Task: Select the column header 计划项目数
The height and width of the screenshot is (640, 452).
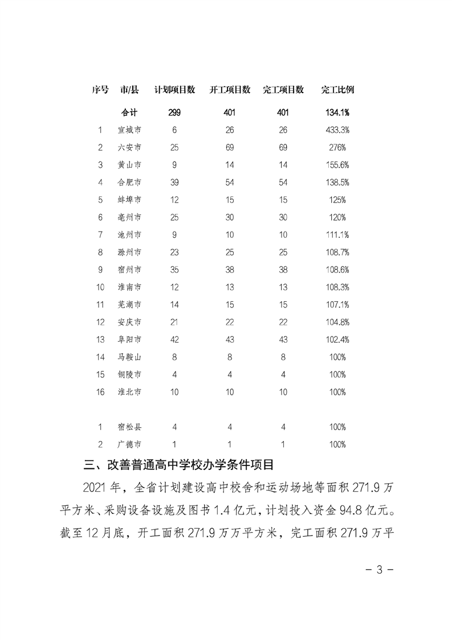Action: click(x=175, y=90)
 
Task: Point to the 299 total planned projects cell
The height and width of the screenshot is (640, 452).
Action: click(x=174, y=112)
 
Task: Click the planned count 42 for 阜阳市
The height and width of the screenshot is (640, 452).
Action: click(x=174, y=339)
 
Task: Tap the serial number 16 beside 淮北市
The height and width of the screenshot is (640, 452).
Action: click(x=100, y=392)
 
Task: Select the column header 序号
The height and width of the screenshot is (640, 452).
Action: click(x=100, y=90)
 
